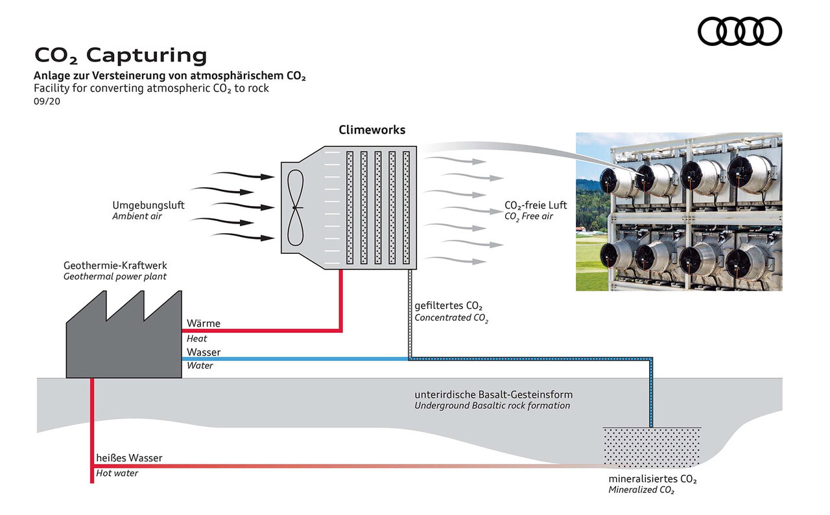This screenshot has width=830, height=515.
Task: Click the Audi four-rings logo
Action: [x=740, y=31]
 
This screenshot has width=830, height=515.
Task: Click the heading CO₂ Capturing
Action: [x=121, y=55]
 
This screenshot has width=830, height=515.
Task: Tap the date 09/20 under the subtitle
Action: [x=45, y=100]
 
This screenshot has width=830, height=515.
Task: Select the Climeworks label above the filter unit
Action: [x=372, y=130]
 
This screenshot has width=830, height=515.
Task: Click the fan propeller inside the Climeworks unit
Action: [x=295, y=207]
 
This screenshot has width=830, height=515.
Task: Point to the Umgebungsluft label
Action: [x=148, y=205]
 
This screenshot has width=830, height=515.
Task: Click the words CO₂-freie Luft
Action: [x=536, y=205]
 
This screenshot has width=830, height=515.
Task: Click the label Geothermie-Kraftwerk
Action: [x=115, y=266]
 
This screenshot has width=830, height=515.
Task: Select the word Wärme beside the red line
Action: [x=204, y=323]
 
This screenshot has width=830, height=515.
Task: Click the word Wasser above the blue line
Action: [x=204, y=352]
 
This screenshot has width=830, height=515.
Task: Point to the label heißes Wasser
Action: [x=129, y=458]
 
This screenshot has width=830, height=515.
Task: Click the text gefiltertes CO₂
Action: [x=449, y=306]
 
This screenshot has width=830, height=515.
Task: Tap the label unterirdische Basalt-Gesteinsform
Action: [x=493, y=395]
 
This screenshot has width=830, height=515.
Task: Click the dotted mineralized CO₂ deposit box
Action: [x=652, y=447]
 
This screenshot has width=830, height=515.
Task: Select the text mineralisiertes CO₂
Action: [x=652, y=479]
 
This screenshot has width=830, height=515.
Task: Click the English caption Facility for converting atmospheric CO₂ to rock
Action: [x=151, y=88]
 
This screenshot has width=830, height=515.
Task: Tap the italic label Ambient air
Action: [x=137, y=216]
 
